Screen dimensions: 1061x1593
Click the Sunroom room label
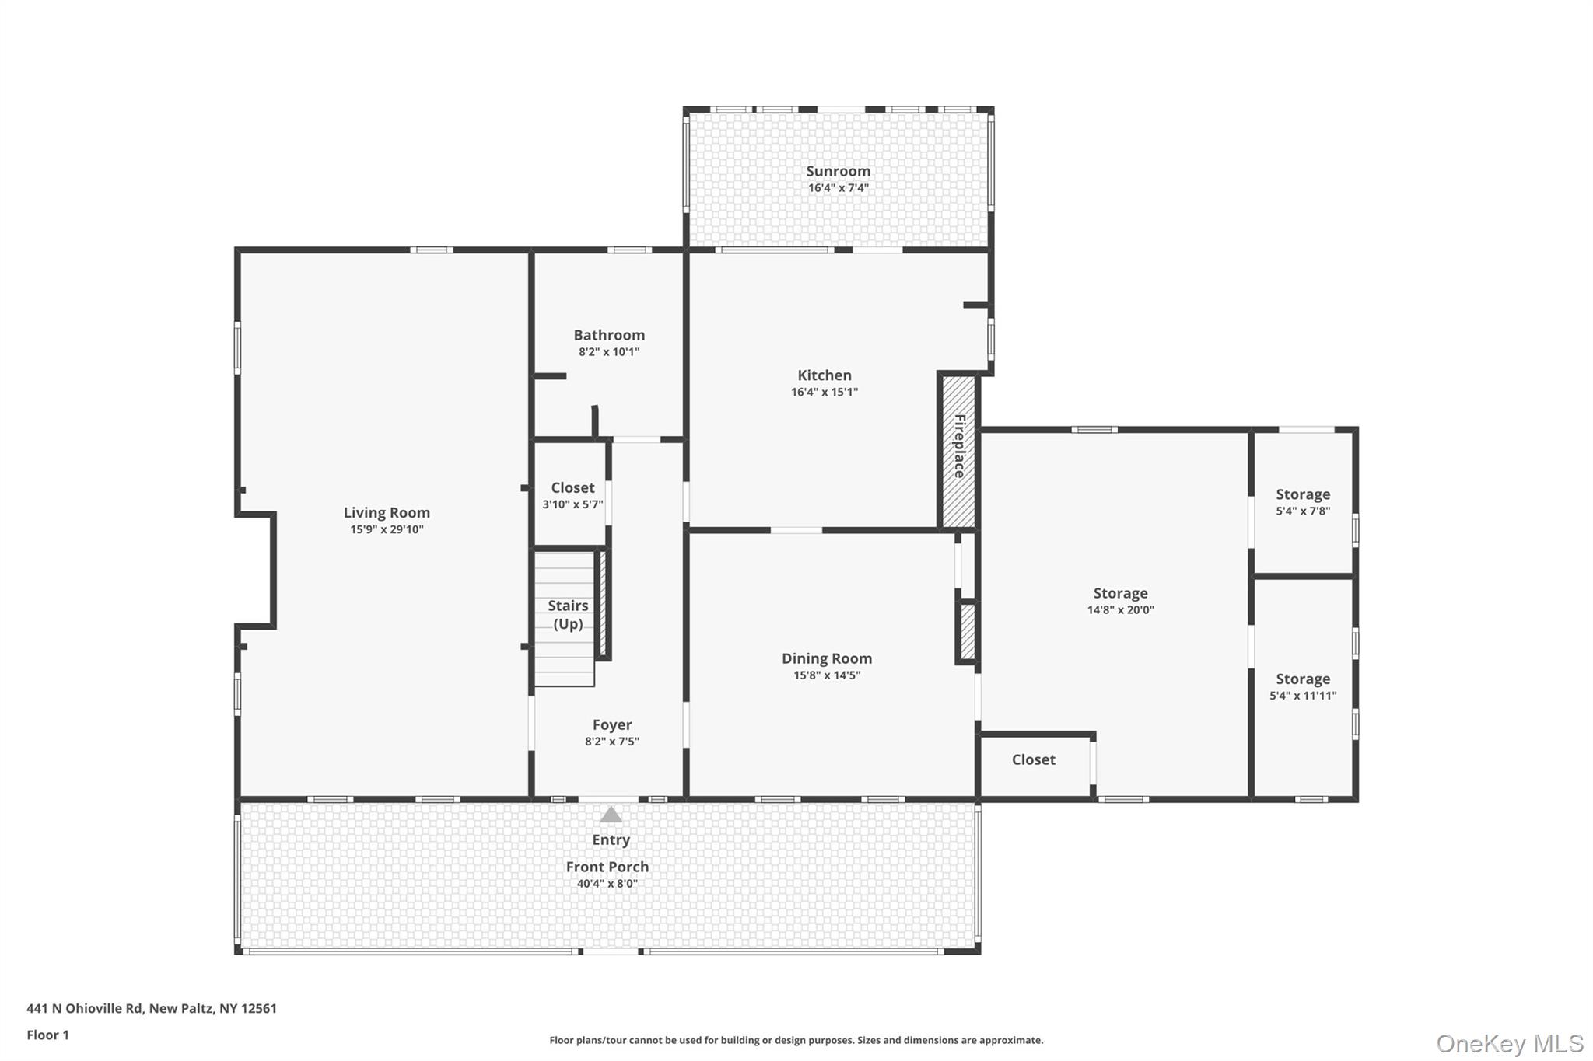tap(838, 171)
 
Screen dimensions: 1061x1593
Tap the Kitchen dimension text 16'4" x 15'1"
tap(825, 393)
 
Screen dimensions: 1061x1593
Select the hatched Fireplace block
tap(959, 451)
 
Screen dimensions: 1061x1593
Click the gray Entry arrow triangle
tap(611, 815)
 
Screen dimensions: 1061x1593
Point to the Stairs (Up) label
tap(568, 614)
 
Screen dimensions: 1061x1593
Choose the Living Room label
tap(387, 513)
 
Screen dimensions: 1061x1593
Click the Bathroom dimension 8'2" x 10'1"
tap(609, 352)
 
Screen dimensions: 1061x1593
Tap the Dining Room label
tap(827, 658)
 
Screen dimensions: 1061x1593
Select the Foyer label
tap(612, 724)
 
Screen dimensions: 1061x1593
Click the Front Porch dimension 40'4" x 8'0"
tap(607, 884)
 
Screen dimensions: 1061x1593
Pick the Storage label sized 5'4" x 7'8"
tap(1303, 494)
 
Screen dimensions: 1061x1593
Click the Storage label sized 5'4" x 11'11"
tap(1303, 679)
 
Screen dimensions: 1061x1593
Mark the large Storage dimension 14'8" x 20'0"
tap(1120, 610)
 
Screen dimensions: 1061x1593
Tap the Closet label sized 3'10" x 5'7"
tap(572, 487)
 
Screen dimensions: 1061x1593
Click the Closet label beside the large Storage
tap(1033, 759)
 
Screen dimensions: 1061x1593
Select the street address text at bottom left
tap(152, 1008)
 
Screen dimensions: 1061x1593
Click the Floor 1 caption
tap(47, 1035)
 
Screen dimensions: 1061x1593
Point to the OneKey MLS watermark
tap(1509, 1043)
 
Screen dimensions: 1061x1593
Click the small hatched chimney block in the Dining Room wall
tap(967, 631)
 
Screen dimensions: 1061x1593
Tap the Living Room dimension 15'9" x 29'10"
tap(387, 530)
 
